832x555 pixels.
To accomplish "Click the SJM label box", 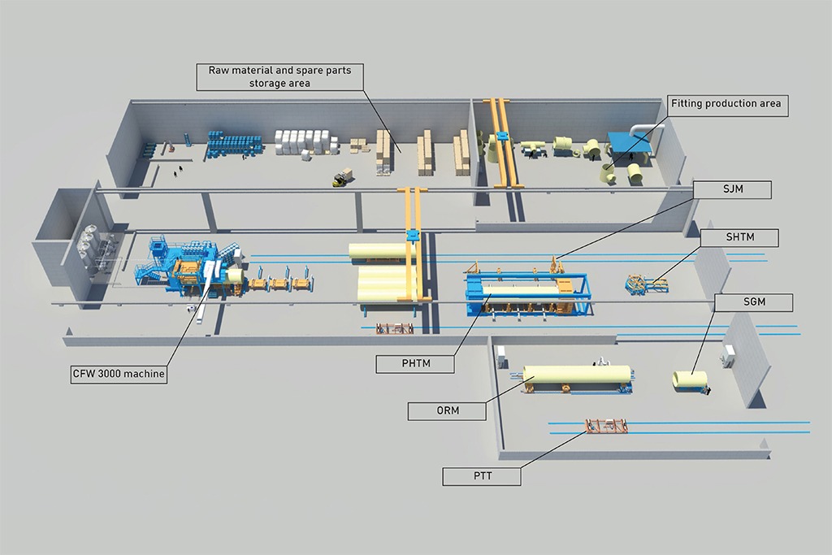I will click(732, 190).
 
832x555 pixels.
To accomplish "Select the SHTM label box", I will click(739, 237).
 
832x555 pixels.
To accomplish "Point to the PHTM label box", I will click(414, 364).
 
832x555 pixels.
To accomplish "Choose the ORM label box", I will click(447, 410).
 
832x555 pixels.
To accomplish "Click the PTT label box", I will click(482, 475).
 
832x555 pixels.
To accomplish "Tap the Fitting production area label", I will click(726, 104).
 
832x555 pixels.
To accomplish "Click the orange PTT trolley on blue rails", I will click(605, 427).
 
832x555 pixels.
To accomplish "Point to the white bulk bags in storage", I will click(305, 142).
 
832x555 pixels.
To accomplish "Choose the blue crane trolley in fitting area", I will click(501, 135).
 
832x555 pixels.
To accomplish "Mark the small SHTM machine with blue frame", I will click(644, 284).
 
